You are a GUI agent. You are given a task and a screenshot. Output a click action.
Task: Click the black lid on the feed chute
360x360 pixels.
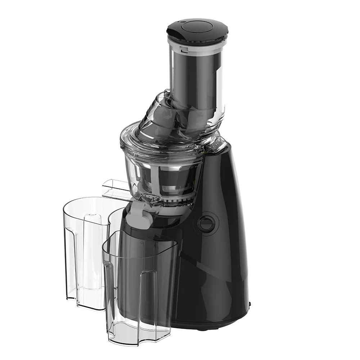click(x=197, y=33)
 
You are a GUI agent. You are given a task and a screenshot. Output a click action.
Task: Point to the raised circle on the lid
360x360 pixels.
click(x=197, y=27)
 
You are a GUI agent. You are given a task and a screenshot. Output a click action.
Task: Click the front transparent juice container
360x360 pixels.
click(x=140, y=284)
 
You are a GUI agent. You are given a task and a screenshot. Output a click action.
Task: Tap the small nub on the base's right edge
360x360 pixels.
click(x=249, y=304)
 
